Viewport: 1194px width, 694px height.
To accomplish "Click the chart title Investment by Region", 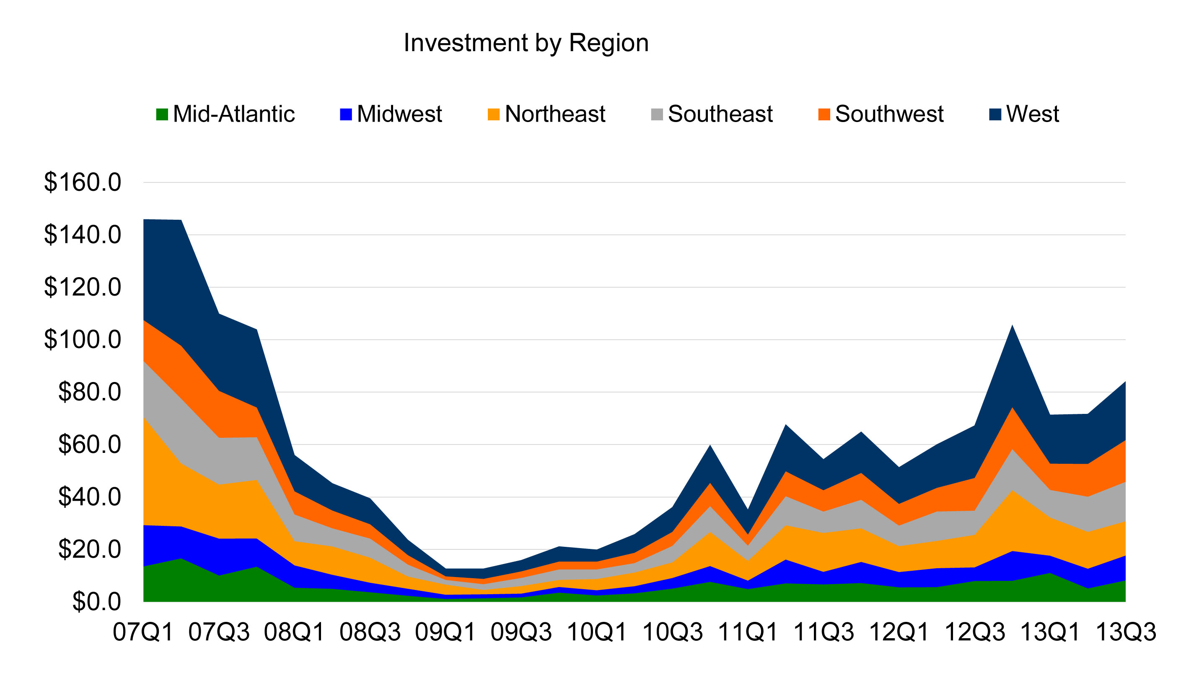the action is coord(526,43).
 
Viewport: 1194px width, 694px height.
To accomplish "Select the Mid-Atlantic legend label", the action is coord(233,114).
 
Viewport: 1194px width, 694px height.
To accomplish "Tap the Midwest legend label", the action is coord(399,114).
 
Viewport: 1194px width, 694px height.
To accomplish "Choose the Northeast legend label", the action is coord(555,114).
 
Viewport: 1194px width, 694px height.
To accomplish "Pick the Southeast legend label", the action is coord(720,114).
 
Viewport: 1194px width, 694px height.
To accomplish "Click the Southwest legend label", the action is coord(889,114).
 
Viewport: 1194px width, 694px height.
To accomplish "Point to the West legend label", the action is coord(1032,114).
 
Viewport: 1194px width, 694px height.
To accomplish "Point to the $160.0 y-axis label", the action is coord(83,182).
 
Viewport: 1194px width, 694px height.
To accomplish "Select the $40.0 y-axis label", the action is coord(90,497).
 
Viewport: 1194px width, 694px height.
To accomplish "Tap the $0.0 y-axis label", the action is coord(97,602).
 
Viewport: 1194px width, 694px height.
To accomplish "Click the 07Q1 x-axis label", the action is coord(143,632).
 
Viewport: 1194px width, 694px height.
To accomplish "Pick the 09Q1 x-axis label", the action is coord(445,632).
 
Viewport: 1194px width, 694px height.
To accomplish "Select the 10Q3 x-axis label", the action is coord(672,632).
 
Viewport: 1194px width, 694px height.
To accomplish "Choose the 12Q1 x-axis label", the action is coord(899,632).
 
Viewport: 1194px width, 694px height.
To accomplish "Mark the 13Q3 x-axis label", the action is coord(1126,632).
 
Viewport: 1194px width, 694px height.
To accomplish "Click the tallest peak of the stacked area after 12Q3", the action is coord(1013,325).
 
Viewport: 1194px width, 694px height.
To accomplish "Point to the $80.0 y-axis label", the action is coord(90,392).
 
